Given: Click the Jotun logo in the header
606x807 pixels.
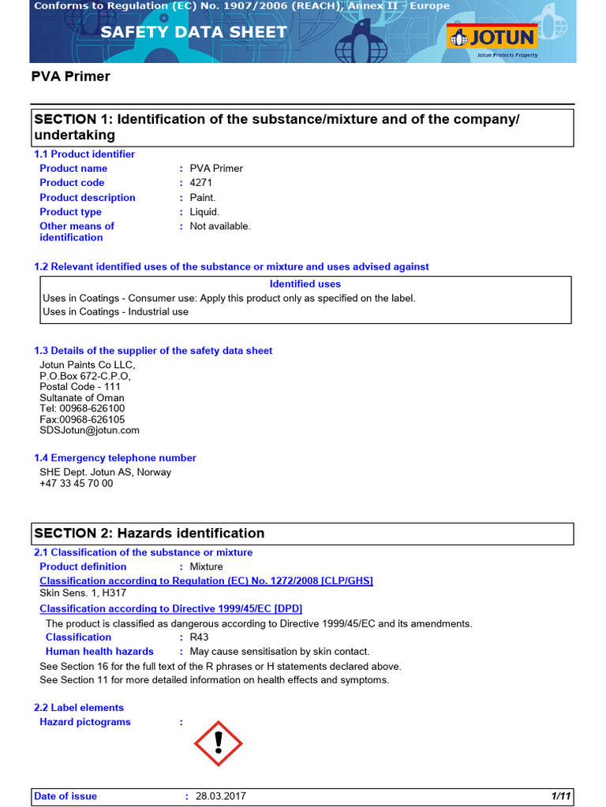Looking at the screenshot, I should click(x=492, y=37).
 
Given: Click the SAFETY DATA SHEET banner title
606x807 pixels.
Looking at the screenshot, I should click(x=193, y=32).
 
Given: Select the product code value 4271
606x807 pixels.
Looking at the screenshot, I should click(x=202, y=183).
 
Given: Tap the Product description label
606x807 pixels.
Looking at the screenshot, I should click(x=88, y=198).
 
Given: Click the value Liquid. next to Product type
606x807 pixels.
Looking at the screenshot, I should click(x=204, y=212).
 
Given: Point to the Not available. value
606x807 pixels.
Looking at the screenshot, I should click(x=220, y=226).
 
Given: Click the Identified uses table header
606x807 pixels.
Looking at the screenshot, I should click(x=305, y=284).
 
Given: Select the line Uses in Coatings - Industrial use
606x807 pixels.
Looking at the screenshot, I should click(x=115, y=312).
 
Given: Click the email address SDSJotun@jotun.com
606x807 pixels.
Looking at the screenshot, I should click(x=89, y=430).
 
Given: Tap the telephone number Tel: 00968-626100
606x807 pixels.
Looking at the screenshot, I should click(x=82, y=409).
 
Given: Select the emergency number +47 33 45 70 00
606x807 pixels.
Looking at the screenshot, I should click(x=77, y=484).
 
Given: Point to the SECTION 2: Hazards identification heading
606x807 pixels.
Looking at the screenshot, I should click(x=149, y=534).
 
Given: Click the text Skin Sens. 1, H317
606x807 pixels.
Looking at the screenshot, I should click(x=83, y=593).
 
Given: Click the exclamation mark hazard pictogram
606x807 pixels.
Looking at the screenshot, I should click(x=219, y=743).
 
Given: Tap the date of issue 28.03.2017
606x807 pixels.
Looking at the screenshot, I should click(x=220, y=797).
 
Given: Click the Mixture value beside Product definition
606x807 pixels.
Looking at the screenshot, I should click(x=206, y=567).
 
